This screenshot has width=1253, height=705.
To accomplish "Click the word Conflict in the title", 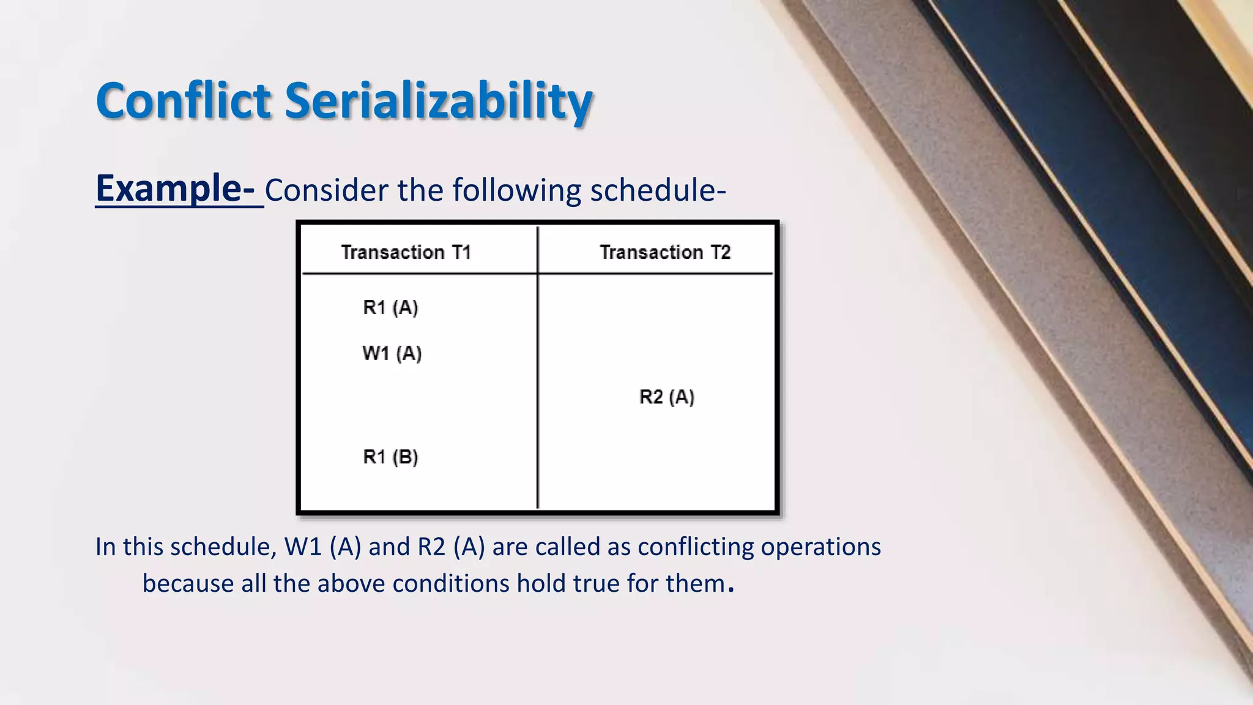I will (184, 101).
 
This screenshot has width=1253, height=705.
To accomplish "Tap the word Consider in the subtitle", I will (327, 190).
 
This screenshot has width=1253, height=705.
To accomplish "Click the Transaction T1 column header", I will (406, 252).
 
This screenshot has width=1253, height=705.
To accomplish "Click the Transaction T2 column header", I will (665, 252).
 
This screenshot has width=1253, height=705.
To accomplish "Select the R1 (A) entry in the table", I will (390, 307).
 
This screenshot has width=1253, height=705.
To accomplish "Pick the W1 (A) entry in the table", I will (392, 353).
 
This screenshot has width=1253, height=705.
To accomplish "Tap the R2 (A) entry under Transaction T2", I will (666, 397).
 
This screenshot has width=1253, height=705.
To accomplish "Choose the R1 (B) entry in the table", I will (390, 457).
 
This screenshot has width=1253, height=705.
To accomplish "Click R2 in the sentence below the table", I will (431, 546).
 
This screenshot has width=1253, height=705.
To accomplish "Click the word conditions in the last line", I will (450, 583).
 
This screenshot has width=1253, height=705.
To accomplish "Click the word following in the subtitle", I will (516, 190).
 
